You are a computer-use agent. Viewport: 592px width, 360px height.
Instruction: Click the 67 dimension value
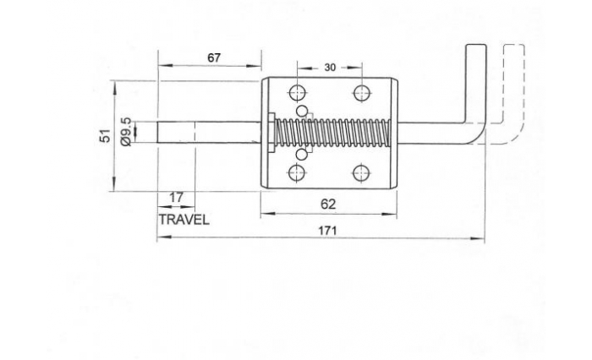click(214, 57)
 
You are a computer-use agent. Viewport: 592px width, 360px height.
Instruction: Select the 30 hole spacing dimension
click(330, 68)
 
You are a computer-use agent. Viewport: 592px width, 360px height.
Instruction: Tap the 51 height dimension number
click(106, 135)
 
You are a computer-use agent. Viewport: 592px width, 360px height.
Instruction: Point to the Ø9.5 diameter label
click(126, 132)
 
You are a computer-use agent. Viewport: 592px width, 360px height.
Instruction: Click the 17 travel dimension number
click(176, 198)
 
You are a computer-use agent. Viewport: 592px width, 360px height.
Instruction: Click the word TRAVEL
click(184, 220)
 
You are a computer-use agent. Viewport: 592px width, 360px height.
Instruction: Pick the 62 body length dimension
click(328, 205)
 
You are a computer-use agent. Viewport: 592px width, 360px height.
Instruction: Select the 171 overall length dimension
click(327, 231)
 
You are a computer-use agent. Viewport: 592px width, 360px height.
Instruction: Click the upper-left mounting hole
click(297, 93)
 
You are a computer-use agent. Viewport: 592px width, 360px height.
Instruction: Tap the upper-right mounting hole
click(362, 93)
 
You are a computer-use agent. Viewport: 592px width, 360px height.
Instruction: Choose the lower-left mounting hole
click(297, 173)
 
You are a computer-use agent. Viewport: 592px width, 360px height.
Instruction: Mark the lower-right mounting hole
click(362, 173)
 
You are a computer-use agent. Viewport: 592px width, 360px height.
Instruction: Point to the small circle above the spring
click(302, 111)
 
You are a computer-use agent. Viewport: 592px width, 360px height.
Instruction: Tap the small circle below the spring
click(302, 155)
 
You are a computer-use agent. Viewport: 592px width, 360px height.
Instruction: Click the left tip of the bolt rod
click(158, 132)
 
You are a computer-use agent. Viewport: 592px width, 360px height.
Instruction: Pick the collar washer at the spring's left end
click(271, 133)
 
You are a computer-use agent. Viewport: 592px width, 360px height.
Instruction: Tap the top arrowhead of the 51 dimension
click(114, 85)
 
